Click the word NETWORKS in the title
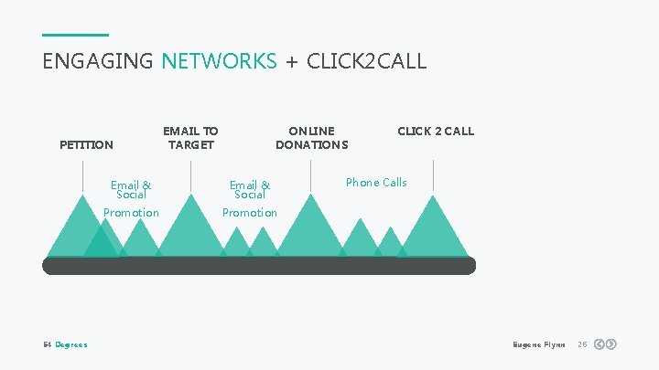click(x=219, y=61)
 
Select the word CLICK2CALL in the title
click(x=366, y=61)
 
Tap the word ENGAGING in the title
click(x=98, y=61)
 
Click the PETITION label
click(x=86, y=144)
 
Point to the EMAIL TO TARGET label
click(x=190, y=138)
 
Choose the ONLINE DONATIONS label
click(x=311, y=138)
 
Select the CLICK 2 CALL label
click(x=435, y=131)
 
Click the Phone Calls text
click(x=376, y=183)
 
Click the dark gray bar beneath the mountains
click(x=259, y=266)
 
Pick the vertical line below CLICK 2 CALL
click(x=433, y=174)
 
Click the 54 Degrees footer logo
click(x=65, y=344)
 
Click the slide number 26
click(x=581, y=344)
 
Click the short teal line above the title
click(x=75, y=35)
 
